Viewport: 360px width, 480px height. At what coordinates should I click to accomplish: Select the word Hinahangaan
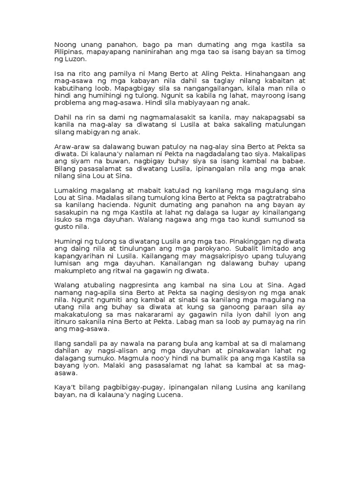pos(267,75)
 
